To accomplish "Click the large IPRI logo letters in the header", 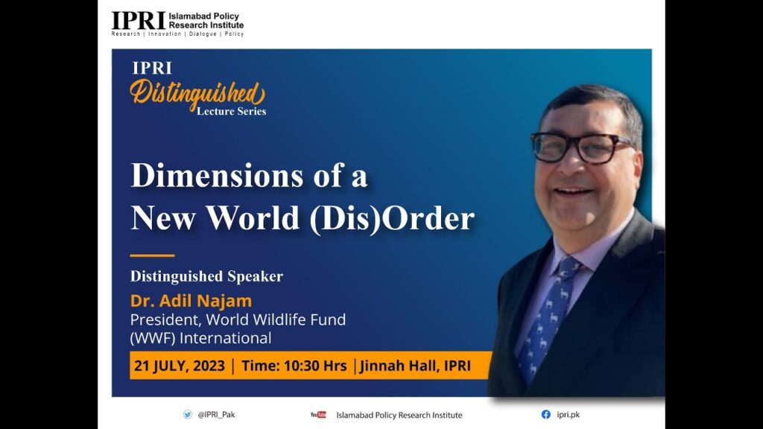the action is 139,20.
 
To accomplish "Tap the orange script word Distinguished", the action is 197,93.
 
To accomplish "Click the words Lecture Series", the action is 231,112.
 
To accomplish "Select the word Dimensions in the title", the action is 217,176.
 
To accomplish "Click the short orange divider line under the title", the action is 152,255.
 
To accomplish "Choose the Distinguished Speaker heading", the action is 206,276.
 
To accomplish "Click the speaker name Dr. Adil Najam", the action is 191,301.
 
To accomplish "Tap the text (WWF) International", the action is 200,338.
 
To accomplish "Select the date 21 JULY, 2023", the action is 180,366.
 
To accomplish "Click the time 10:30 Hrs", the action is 315,366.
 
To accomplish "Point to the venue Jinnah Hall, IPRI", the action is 415,366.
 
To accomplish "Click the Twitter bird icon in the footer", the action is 187,414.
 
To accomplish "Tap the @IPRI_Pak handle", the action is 216,415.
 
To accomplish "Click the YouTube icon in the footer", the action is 318,415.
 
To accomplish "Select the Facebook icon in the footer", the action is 546,414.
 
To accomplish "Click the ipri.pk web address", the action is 569,415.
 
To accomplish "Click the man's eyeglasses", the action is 581,147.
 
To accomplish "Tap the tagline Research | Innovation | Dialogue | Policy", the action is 177,34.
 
